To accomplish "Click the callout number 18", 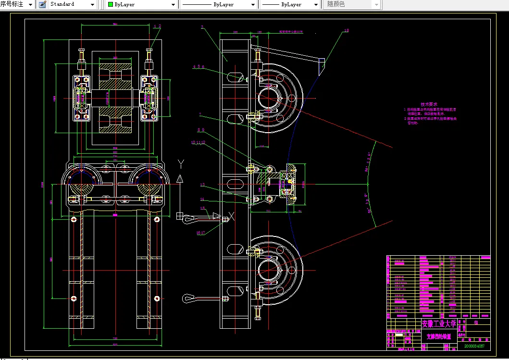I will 346,31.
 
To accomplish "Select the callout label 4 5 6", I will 199,67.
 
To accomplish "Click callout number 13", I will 202,185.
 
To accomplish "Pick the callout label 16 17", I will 200,233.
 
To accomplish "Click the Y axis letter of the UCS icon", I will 180,162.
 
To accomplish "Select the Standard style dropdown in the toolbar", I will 73,4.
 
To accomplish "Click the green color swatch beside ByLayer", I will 111,4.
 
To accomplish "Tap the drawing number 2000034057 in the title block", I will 474,346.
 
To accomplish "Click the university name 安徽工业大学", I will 439,323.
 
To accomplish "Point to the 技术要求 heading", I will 429,104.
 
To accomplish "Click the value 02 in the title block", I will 476,323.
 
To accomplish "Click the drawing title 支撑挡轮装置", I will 438,337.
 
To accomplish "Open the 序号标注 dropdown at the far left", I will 17,4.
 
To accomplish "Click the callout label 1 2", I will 158,25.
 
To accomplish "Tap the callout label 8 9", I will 200,130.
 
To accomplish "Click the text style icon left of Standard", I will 42,4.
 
